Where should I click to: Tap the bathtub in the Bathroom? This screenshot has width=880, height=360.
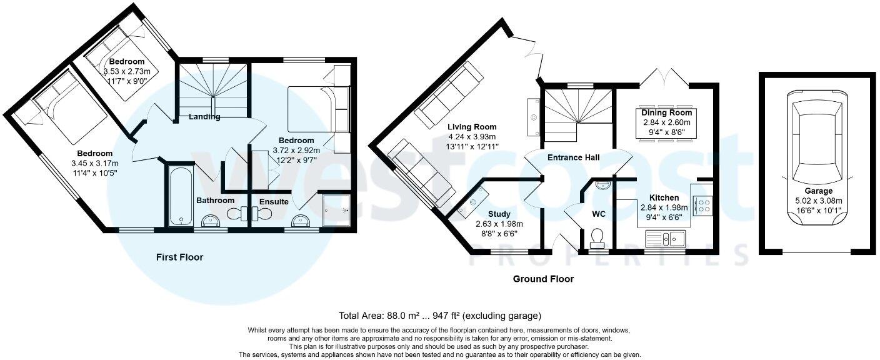181,195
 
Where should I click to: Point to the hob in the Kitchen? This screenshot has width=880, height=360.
702,205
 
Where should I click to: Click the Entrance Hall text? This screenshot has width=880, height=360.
573,157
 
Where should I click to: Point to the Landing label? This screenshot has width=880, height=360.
204,117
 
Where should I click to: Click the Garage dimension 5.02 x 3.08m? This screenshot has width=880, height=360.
818,201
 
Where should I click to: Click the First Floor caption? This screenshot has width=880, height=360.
179,257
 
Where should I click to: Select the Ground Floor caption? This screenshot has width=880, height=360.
543,279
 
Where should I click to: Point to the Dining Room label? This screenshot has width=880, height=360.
666,112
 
